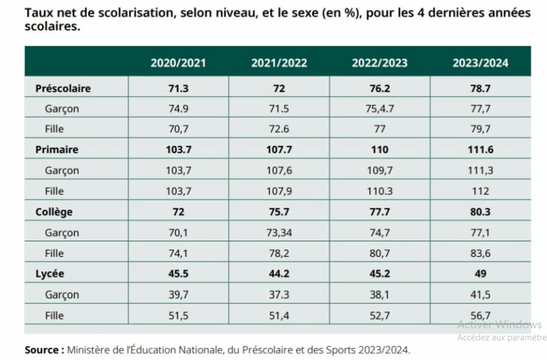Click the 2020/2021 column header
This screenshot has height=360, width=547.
(x=178, y=63)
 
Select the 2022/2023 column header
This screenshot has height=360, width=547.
(x=379, y=63)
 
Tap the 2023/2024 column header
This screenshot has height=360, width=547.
(x=480, y=63)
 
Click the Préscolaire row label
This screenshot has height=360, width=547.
(x=63, y=88)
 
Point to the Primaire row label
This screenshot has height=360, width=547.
(x=57, y=149)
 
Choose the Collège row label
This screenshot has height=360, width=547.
(x=54, y=212)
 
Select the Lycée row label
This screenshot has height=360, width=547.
(x=50, y=274)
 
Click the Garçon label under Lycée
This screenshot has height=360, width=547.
(x=62, y=295)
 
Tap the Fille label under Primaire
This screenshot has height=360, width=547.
(x=54, y=191)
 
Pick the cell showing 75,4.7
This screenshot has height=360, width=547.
(x=379, y=109)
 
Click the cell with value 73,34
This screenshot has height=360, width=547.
(x=278, y=233)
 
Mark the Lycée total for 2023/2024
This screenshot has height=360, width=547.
(x=480, y=274)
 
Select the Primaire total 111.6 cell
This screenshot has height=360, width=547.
(x=480, y=149)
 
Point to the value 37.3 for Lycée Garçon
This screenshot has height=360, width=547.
(x=278, y=295)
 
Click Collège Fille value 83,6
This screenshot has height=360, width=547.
(x=480, y=253)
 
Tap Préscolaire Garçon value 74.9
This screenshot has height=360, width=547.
(x=178, y=109)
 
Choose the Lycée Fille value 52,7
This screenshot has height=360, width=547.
(x=379, y=315)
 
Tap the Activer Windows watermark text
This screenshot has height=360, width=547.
(x=499, y=325)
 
